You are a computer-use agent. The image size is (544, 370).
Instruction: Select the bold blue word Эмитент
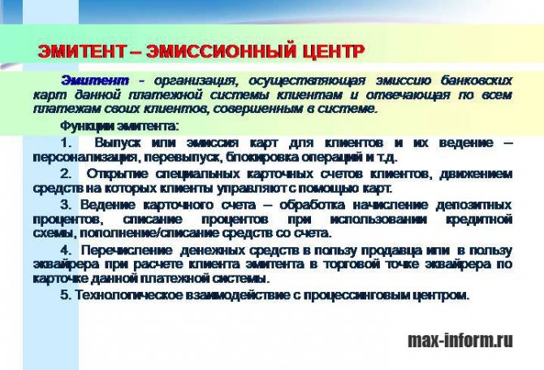[x=95, y=81]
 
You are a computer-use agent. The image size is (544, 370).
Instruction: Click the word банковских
[x=477, y=81]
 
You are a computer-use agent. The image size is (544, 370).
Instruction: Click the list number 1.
[x=66, y=143]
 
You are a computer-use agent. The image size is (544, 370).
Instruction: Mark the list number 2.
[x=66, y=174]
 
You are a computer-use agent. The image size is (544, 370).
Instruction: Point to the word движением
[x=476, y=174]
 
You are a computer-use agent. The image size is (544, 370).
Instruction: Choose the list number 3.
[x=66, y=205]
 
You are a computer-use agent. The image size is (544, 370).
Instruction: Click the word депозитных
[x=474, y=205]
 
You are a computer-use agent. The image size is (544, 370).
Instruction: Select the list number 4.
[x=66, y=250]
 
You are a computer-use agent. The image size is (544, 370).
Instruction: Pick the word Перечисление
[x=127, y=250]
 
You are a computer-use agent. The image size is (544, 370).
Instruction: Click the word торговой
[x=348, y=264]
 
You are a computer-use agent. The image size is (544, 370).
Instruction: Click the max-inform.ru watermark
[x=460, y=340]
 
